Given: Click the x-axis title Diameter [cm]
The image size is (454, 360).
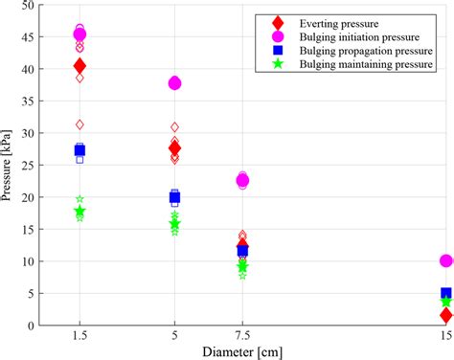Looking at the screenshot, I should tap(243, 351).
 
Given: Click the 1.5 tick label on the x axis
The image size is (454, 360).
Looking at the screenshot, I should tap(79, 336).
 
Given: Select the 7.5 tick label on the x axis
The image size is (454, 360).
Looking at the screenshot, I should tap(242, 336).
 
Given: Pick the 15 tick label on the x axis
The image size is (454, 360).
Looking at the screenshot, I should tap(445, 336).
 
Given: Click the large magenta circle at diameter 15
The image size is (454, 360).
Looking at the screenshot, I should tap(445, 260).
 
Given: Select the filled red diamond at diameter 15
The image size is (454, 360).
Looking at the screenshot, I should tap(445, 315).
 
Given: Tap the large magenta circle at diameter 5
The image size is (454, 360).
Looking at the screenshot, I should tap(174, 83).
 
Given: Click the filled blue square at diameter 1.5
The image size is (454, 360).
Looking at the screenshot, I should tap(79, 150).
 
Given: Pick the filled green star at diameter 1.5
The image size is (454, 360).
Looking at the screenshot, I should tap(79, 211).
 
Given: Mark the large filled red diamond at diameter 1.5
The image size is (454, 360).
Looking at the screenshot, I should tap(79, 66).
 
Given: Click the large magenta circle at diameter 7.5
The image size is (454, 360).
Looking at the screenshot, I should tap(242, 180).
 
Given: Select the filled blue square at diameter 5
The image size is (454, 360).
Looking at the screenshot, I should tap(174, 197).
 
